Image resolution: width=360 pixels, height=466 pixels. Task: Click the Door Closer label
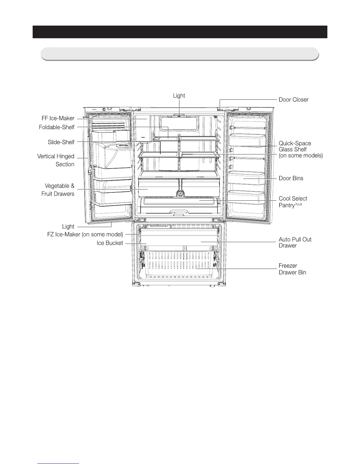pyautogui.click(x=294, y=100)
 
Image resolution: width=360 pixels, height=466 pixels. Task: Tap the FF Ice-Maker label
pyautogui.click(x=58, y=119)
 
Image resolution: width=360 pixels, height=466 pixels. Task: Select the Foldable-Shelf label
pyautogui.click(x=56, y=127)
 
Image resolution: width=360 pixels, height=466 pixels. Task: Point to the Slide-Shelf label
pyautogui.click(x=61, y=142)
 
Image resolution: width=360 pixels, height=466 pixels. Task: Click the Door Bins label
pyautogui.click(x=291, y=178)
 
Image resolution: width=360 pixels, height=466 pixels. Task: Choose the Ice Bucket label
pyautogui.click(x=110, y=243)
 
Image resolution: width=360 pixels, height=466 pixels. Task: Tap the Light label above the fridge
pyautogui.click(x=179, y=96)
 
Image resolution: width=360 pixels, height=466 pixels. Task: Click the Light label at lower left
pyautogui.click(x=68, y=227)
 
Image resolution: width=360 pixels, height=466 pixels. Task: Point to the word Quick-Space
pyautogui.click(x=295, y=144)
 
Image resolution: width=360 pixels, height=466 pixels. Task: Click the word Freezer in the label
pyautogui.click(x=288, y=266)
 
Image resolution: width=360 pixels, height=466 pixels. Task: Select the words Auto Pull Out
pyautogui.click(x=295, y=239)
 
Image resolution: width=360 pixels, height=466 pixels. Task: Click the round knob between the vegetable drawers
pyautogui.click(x=180, y=193)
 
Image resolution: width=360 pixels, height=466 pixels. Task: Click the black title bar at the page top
pyautogui.click(x=180, y=32)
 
